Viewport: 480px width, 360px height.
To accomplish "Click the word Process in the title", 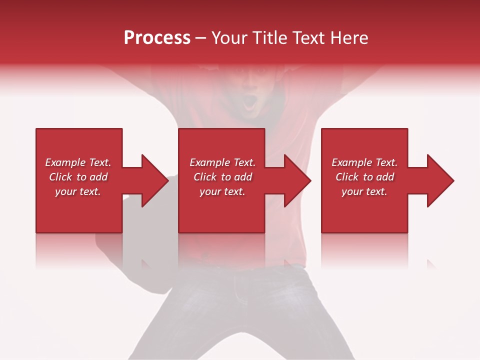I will [157, 38].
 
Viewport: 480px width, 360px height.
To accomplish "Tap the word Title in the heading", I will [270, 38].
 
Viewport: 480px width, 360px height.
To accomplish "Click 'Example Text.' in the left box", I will [78, 162].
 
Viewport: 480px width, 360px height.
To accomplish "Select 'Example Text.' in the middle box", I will [222, 162].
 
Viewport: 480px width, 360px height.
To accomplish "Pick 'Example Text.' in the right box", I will [364, 162].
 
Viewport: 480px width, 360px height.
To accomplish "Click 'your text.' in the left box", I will [78, 191].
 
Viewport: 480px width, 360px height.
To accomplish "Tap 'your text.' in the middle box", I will [222, 191].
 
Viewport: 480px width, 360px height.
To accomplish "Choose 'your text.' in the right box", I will [364, 191].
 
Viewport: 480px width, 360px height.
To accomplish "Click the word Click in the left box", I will [60, 177].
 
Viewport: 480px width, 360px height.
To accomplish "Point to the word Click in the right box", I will [347, 177].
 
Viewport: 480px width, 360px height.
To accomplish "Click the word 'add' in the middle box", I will [243, 177].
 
